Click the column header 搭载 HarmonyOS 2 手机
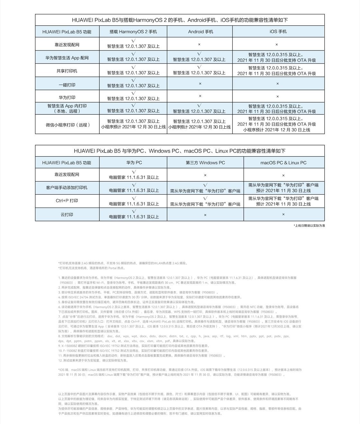point(133,32)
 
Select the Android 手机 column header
point(200,32)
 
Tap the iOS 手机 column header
point(278,32)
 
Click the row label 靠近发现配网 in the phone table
point(67,45)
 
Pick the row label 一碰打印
point(67,85)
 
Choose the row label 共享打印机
point(67,71)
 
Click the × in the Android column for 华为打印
point(200,96)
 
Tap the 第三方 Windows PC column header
point(205,162)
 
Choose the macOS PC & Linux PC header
point(283,163)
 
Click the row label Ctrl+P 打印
point(67,200)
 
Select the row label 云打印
point(67,215)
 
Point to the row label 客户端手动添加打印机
point(67,187)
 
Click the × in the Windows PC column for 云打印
point(205,215)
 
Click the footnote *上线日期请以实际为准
point(309,226)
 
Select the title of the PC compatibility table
point(180,151)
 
